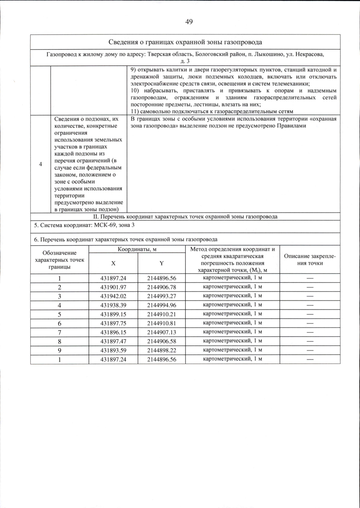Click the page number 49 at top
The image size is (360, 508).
click(189, 22)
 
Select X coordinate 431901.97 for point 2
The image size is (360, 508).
click(113, 287)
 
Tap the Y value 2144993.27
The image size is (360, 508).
click(161, 296)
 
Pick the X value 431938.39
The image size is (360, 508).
click(113, 305)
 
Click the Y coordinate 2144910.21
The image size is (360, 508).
click(161, 314)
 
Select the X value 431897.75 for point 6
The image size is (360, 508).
click(113, 323)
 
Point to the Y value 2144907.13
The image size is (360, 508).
click(161, 332)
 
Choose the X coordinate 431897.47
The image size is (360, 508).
click(113, 341)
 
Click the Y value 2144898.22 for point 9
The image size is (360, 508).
click(161, 350)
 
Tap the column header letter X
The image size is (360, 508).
click(113, 263)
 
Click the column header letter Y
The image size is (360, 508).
click(161, 263)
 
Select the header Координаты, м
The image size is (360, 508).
click(137, 249)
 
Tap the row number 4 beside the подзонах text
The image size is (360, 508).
click(40, 164)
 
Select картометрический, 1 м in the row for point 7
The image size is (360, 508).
click(232, 332)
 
